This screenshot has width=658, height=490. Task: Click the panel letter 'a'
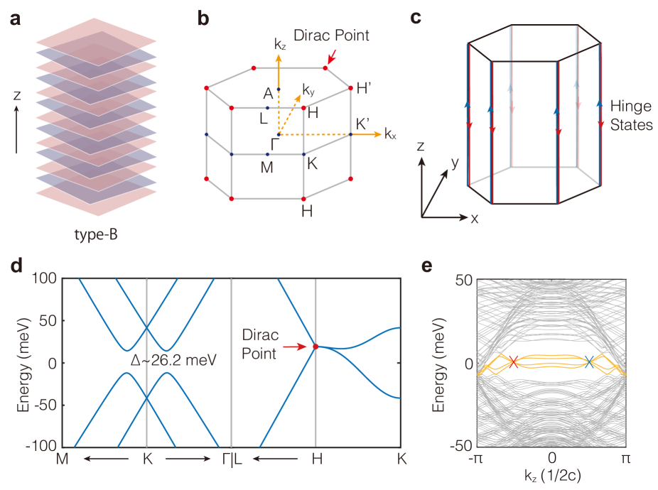click(x=16, y=20)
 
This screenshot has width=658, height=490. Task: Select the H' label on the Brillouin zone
click(x=365, y=89)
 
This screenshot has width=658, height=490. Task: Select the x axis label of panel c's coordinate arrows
click(x=474, y=219)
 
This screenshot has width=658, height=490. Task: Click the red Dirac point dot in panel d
click(x=315, y=347)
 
